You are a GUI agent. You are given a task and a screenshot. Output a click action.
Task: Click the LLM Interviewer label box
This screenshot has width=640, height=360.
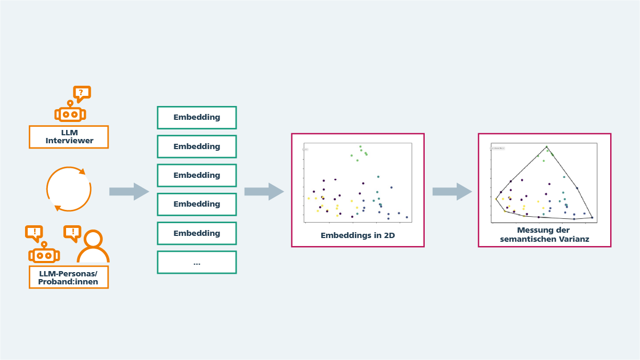pyautogui.click(x=69, y=137)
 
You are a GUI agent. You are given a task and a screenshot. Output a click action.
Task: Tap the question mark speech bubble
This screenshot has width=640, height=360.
pyautogui.click(x=82, y=93)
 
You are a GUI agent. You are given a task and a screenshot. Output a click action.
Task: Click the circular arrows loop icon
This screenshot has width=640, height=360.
pyautogui.click(x=69, y=189)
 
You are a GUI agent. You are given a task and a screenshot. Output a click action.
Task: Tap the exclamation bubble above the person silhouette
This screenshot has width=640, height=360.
pyautogui.click(x=72, y=232)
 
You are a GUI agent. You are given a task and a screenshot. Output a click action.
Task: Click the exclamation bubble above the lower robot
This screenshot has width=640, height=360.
pyautogui.click(x=34, y=232)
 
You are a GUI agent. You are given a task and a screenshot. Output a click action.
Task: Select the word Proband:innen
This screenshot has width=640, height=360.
pyautogui.click(x=68, y=282)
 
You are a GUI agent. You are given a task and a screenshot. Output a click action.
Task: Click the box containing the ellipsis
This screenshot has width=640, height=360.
pyautogui.click(x=197, y=262)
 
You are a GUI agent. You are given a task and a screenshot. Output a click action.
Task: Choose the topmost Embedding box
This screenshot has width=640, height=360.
pyautogui.click(x=197, y=117)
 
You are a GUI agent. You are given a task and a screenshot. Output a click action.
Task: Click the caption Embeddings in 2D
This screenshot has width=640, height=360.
pyautogui.click(x=358, y=235)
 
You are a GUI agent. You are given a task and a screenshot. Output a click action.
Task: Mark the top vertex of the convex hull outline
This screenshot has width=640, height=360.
pyautogui.click(x=546, y=146)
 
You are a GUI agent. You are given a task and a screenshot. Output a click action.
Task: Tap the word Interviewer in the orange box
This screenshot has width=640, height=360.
pyautogui.click(x=69, y=141)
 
